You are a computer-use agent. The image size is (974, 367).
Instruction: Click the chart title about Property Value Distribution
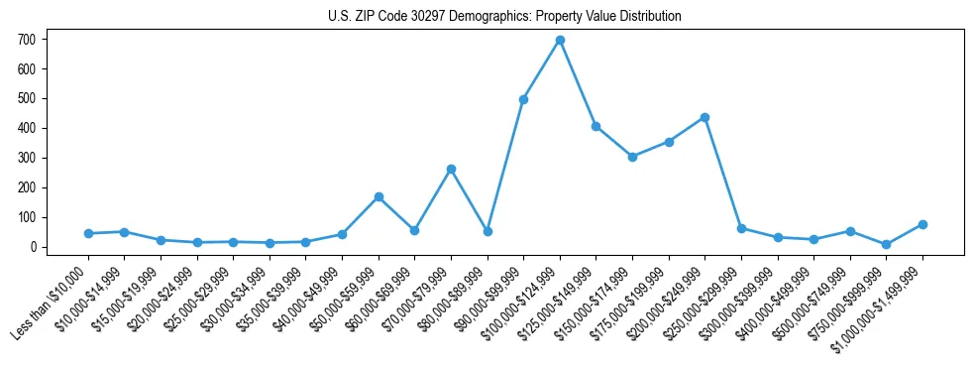click(x=504, y=17)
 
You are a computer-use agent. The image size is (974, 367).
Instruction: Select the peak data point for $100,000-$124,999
click(x=560, y=40)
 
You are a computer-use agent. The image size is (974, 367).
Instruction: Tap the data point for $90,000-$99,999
click(x=523, y=99)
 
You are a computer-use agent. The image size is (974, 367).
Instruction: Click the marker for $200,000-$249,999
click(x=704, y=117)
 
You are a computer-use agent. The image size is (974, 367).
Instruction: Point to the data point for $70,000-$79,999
click(x=451, y=169)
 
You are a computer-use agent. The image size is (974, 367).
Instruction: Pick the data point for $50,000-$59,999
click(x=379, y=196)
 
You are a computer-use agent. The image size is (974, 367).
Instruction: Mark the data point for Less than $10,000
click(x=88, y=233)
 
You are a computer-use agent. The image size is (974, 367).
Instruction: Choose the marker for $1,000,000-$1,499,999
click(x=922, y=224)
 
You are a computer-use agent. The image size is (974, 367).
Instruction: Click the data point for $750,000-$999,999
click(x=886, y=244)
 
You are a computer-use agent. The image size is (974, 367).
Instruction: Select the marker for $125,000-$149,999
click(x=595, y=126)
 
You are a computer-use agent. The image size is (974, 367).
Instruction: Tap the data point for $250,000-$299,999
click(x=741, y=228)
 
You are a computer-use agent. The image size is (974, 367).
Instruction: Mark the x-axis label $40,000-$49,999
click(x=304, y=301)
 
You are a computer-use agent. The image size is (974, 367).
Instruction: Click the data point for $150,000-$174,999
click(x=632, y=156)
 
